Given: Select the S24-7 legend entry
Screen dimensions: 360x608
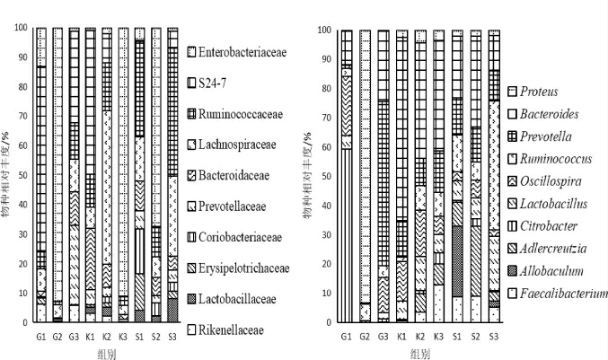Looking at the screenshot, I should coord(221,83).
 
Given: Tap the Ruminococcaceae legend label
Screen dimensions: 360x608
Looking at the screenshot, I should coord(243,113).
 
